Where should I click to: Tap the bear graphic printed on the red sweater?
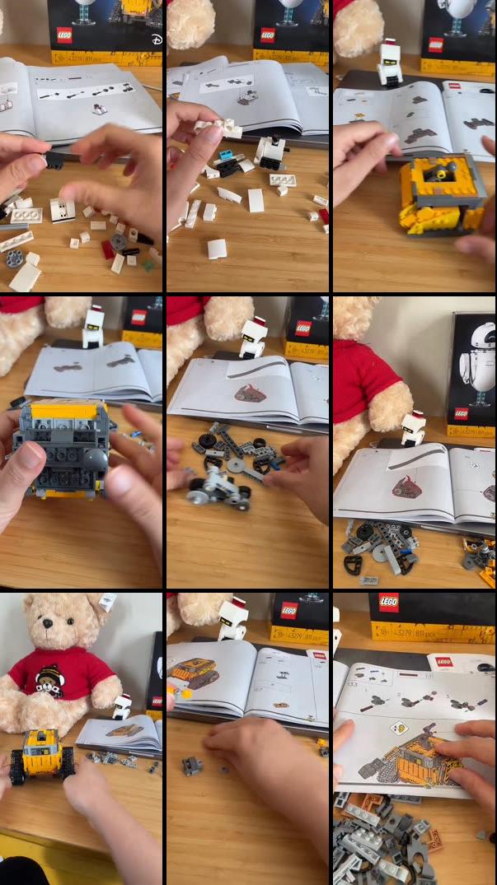49,679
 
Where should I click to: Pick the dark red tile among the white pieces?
108,249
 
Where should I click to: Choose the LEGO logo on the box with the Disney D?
64,35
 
